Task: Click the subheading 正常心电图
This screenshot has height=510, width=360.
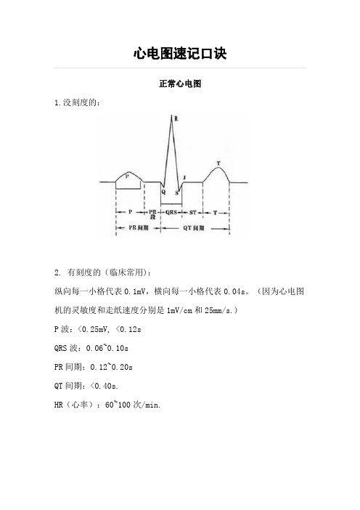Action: click(x=180, y=84)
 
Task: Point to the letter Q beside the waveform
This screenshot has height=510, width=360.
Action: click(x=164, y=193)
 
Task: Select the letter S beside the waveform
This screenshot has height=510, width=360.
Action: click(x=176, y=193)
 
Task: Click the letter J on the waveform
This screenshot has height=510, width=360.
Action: click(x=185, y=177)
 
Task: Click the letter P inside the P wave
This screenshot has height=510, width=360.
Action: click(x=128, y=176)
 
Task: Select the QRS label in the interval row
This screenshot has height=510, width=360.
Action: click(x=172, y=212)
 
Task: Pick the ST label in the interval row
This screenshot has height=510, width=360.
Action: click(x=193, y=212)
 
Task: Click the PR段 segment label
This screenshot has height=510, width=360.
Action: click(x=152, y=214)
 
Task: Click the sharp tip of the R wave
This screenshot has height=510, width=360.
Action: click(x=172, y=116)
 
